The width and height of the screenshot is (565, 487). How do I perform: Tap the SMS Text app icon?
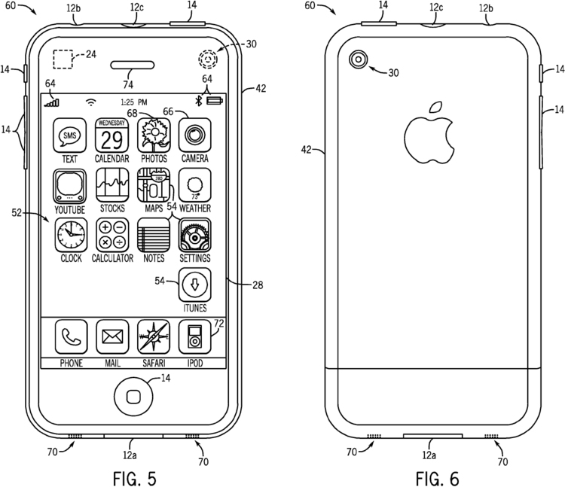[70, 135]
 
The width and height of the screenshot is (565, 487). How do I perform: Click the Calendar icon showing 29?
[111, 135]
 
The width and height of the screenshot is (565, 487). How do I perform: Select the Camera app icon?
[194, 135]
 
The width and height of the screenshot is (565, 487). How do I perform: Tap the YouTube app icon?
[70, 185]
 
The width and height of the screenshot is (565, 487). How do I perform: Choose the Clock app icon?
[70, 235]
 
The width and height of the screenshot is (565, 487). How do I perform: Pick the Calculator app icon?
[111, 235]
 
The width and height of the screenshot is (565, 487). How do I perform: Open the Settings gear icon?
[194, 235]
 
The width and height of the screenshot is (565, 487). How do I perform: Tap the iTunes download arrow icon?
[194, 285]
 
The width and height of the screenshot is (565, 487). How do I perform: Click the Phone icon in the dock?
[71, 337]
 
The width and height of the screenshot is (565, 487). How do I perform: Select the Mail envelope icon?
[112, 337]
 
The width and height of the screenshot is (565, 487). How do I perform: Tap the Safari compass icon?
[154, 337]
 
